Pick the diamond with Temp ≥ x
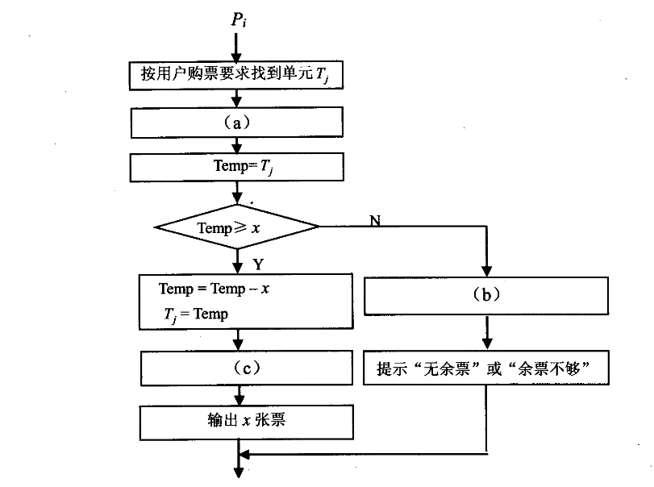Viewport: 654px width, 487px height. (x=238, y=227)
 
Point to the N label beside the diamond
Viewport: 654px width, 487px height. (x=375, y=219)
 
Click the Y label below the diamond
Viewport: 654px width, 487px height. (x=258, y=264)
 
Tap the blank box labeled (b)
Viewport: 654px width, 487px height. (x=486, y=294)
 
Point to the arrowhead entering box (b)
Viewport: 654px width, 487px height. (x=486, y=269)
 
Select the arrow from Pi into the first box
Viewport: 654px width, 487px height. (x=238, y=45)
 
